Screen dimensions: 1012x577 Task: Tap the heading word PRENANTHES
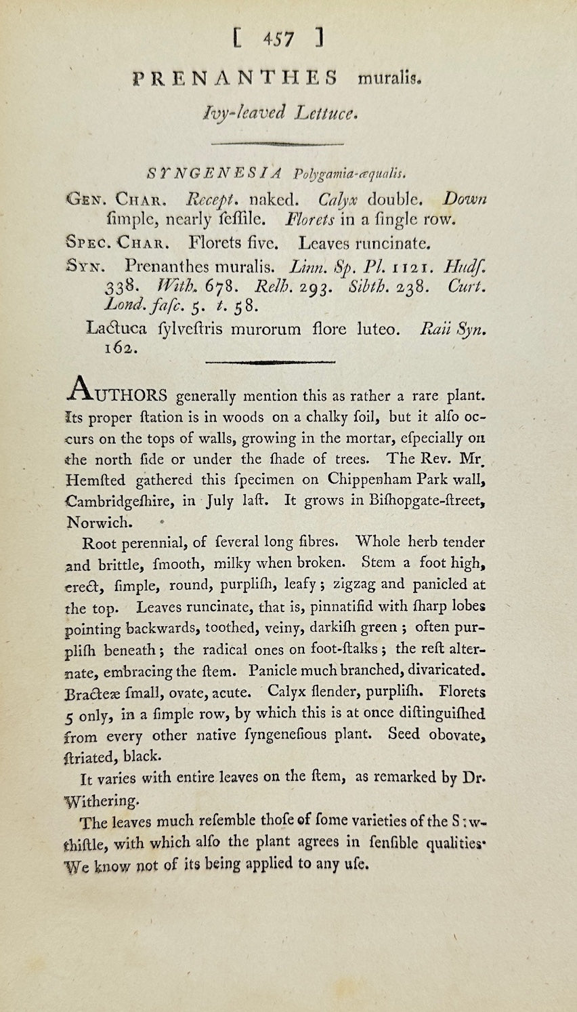click(235, 78)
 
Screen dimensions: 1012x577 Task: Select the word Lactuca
click(114, 329)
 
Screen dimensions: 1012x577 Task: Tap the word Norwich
click(110, 523)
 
